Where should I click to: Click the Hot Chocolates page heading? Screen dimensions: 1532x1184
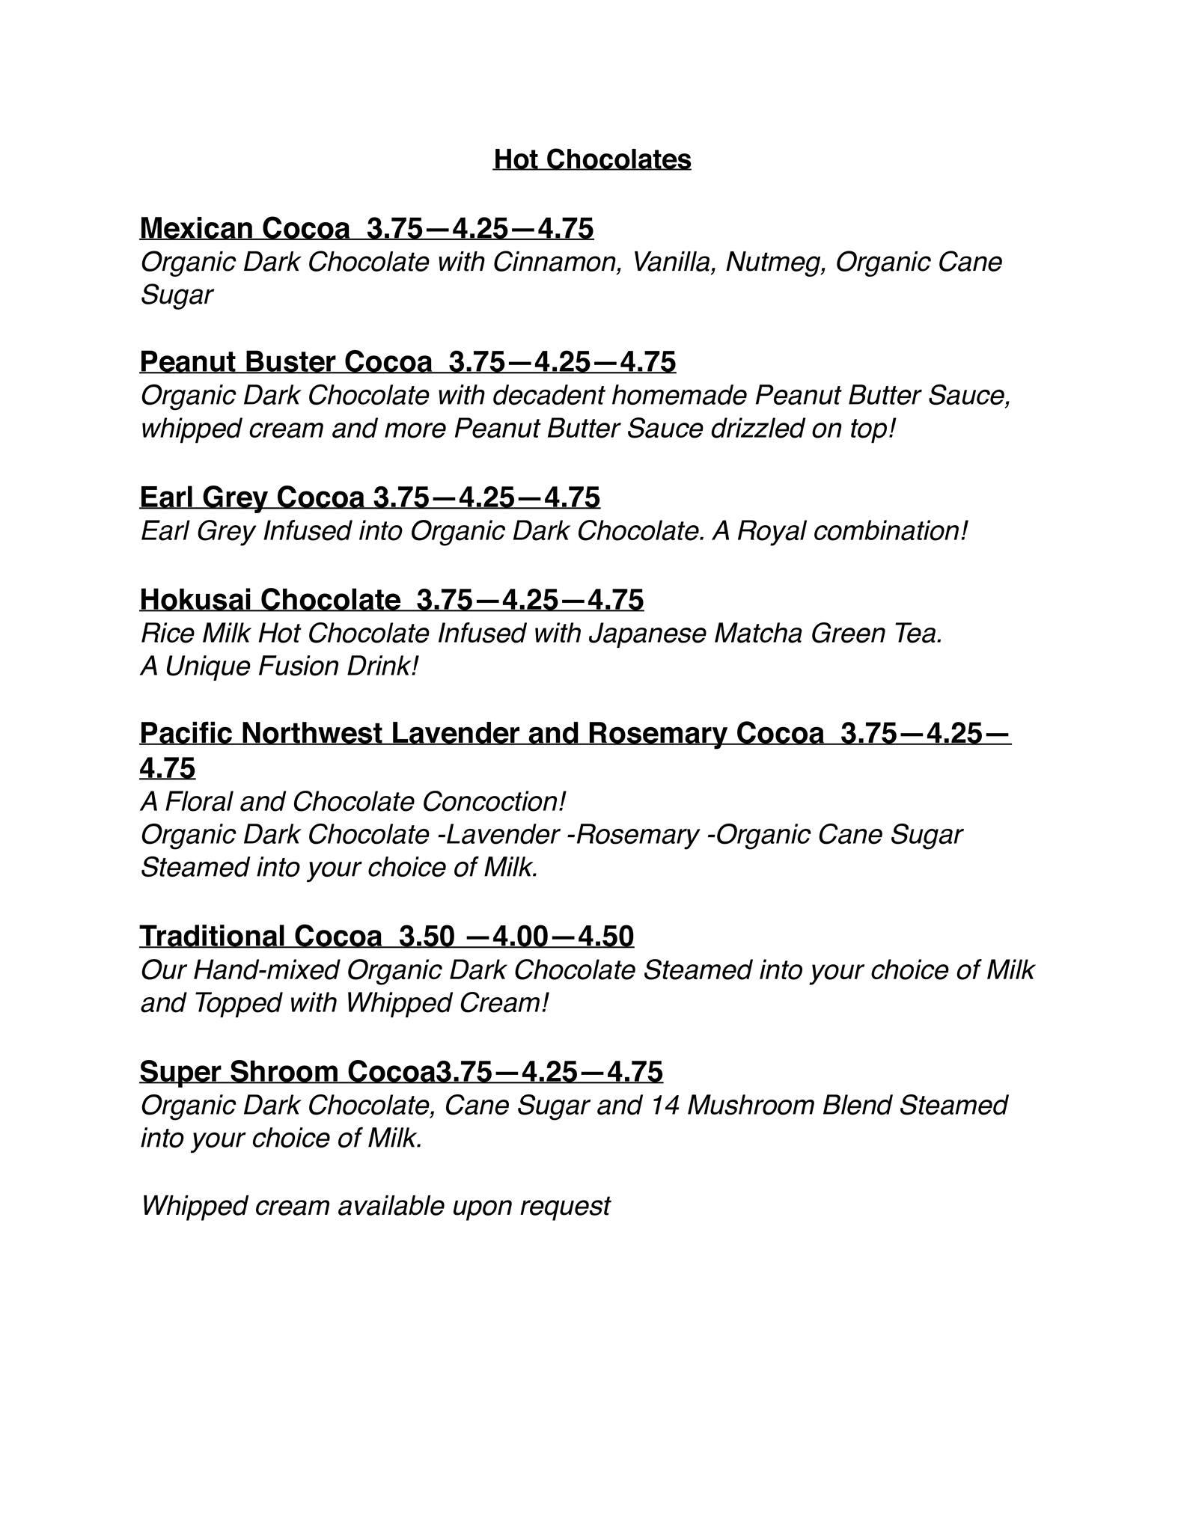click(x=591, y=159)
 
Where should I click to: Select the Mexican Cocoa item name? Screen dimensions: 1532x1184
click(x=244, y=228)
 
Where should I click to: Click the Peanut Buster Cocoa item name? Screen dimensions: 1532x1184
click(x=285, y=362)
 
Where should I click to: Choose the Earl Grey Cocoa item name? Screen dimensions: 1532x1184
click(x=251, y=497)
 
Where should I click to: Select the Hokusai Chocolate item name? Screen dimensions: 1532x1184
click(x=269, y=599)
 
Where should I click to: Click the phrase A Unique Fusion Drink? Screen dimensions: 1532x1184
click(x=278, y=666)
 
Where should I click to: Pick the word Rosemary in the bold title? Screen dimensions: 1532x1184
click(x=657, y=734)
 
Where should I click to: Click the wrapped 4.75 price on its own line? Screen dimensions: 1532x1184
click(x=167, y=768)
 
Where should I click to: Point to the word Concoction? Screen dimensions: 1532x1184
click(x=493, y=802)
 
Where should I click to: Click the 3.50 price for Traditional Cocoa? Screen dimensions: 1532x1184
click(x=427, y=936)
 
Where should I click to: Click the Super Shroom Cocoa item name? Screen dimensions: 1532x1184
click(x=287, y=1072)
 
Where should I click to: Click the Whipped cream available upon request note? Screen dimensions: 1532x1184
click(x=375, y=1206)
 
